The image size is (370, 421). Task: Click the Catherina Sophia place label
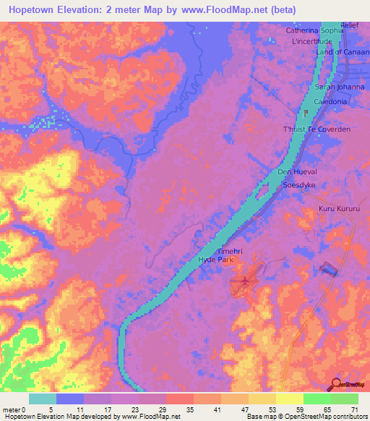[314, 31]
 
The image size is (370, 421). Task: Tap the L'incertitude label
[311, 41]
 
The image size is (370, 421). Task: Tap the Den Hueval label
[298, 172]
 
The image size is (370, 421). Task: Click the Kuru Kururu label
[338, 209]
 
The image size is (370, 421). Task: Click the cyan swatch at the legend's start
[43, 399]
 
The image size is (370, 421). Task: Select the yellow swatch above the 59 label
[290, 399]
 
